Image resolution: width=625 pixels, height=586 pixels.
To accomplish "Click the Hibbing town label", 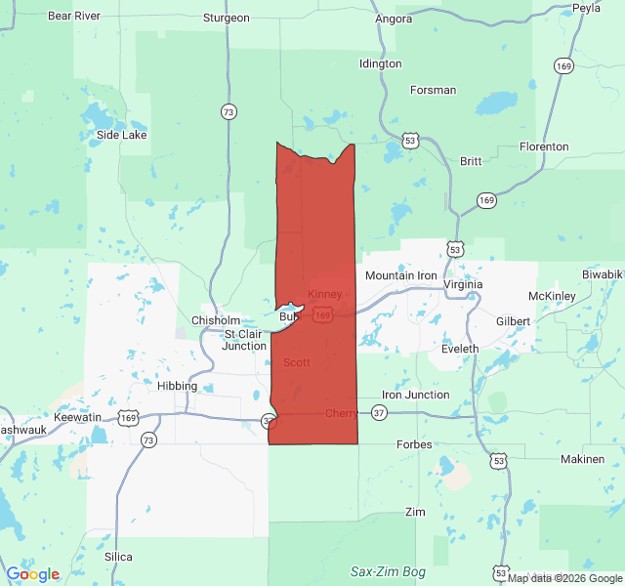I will tap(177, 386).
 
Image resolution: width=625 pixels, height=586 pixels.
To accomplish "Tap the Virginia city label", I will tap(463, 285).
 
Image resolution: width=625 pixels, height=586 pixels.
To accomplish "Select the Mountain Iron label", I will tap(401, 276).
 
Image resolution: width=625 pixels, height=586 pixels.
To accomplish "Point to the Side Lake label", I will tap(121, 135).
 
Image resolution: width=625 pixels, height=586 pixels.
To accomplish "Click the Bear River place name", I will tap(73, 16).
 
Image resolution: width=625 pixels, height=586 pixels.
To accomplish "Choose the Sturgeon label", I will tap(227, 18).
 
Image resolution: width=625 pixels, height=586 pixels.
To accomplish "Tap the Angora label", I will tap(395, 18).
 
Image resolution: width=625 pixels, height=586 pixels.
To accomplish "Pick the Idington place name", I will tap(380, 63).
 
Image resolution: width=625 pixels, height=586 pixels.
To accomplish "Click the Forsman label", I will tap(434, 90).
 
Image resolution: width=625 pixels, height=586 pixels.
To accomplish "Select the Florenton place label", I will tap(544, 146).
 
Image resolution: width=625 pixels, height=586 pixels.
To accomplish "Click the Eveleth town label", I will tap(460, 349).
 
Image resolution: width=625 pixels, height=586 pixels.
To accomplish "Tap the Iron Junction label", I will tap(416, 395).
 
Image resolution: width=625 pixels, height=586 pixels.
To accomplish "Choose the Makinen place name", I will tap(583, 459).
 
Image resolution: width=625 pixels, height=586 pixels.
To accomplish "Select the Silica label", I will tap(118, 556).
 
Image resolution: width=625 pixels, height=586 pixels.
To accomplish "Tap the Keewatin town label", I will tap(77, 417).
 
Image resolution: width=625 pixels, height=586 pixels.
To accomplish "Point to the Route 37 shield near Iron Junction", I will tap(379, 413).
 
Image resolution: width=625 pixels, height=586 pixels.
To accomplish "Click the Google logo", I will tap(32, 574).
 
